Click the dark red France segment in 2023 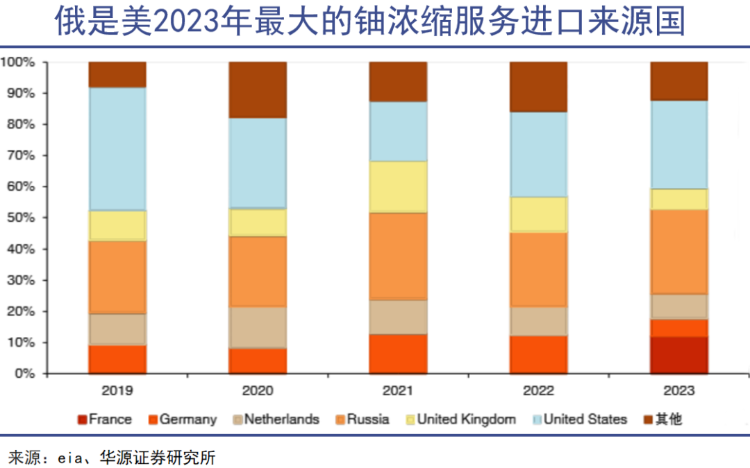click(x=678, y=355)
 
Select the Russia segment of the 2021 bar click(x=398, y=256)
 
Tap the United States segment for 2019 click(x=117, y=149)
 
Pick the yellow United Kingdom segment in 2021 click(x=398, y=187)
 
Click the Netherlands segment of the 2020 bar click(x=258, y=327)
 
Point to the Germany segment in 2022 click(x=538, y=355)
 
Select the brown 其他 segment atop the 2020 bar click(x=258, y=89)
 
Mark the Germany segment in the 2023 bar click(x=678, y=328)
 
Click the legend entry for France click(x=104, y=419)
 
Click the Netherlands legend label click(x=274, y=419)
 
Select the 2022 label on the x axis click(x=538, y=391)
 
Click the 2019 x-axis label click(x=117, y=391)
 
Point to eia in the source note click(x=69, y=457)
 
